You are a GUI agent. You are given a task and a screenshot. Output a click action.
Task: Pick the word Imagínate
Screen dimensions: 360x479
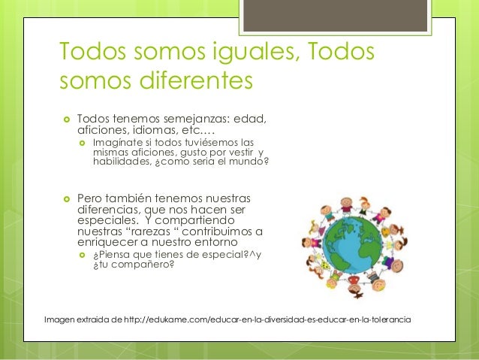click(119, 141)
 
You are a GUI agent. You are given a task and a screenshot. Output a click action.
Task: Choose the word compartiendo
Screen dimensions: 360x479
click(195, 221)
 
